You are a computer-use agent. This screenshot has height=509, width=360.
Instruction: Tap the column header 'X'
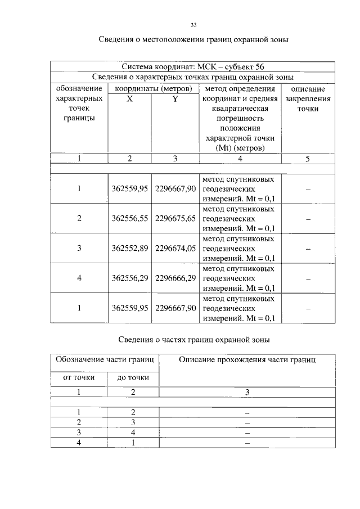pos(129,98)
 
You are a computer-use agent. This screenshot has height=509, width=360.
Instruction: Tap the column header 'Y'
pos(175,98)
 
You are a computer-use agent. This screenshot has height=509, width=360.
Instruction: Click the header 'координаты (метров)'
pos(152,88)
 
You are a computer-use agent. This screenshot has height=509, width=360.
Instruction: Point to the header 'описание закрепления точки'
pos(308,98)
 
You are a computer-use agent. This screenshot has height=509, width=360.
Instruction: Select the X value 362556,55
pos(129,218)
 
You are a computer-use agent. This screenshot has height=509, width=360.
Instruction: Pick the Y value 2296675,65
pos(175,218)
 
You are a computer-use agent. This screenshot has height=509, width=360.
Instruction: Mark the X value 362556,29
pos(129,278)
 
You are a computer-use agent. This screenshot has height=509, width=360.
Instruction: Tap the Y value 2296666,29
pos(175,278)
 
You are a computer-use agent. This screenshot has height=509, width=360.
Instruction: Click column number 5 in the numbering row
pos(308,159)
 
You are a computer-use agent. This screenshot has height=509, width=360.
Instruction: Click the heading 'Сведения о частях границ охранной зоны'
pos(194,340)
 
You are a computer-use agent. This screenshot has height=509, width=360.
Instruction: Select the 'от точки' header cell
pos(78,377)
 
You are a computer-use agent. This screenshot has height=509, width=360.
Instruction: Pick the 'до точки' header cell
pos(133,377)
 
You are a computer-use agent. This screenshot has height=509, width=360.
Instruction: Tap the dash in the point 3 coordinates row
pos(308,248)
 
